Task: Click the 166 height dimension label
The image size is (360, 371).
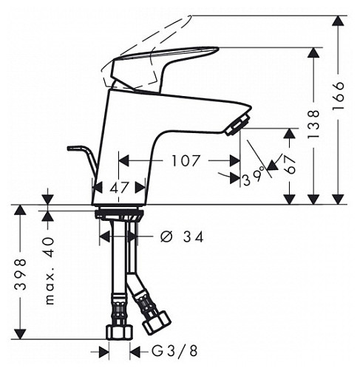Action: pyautogui.click(x=339, y=97)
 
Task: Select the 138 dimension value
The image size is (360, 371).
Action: pyautogui.click(x=315, y=123)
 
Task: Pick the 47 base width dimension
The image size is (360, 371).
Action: pyautogui.click(x=118, y=188)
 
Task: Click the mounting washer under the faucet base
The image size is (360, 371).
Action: pyautogui.click(x=119, y=214)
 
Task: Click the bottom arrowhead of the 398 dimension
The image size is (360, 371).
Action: pyautogui.click(x=20, y=331)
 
